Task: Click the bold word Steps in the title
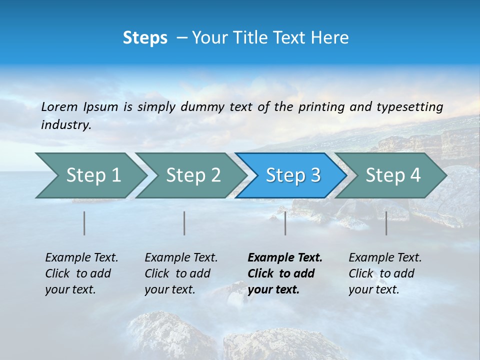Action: [x=145, y=38]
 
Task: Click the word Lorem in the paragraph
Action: [x=59, y=107]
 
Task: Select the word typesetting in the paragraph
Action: [x=409, y=107]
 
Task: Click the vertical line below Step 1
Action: [x=84, y=223]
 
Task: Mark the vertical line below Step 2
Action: [x=184, y=223]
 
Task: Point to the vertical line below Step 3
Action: [x=285, y=223]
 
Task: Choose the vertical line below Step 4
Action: [x=386, y=223]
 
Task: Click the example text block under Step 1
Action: [x=81, y=273]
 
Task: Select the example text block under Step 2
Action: [x=181, y=273]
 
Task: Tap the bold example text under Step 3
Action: [x=285, y=273]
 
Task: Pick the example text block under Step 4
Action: [x=385, y=273]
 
